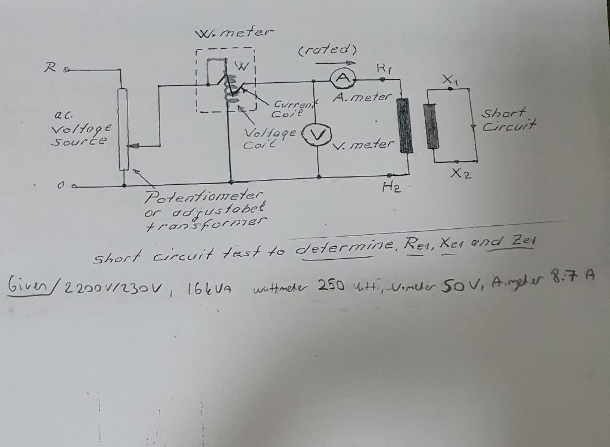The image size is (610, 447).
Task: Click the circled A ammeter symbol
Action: tap(341, 78)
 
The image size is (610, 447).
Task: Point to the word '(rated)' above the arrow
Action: tap(327, 49)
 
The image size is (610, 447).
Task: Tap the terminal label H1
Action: tap(382, 69)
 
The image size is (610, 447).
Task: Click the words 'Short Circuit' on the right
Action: tap(509, 119)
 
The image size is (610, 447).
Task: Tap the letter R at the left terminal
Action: tap(51, 67)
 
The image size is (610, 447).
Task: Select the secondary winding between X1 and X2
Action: tap(431, 125)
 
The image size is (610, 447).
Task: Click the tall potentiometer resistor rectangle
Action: tap(123, 129)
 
